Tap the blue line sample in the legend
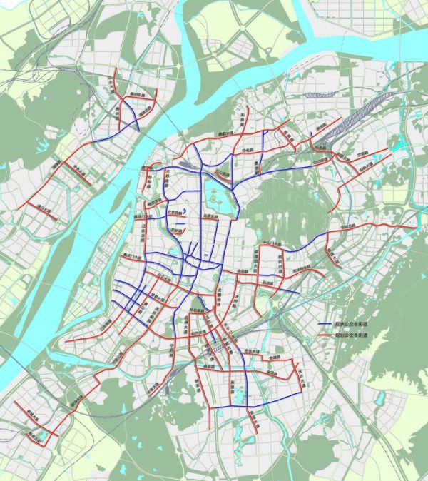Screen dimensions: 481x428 (x=327, y=323)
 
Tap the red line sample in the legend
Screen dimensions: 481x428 (x=327, y=335)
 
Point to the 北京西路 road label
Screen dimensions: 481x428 (x=176, y=212)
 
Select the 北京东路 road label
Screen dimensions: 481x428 (x=210, y=216)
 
